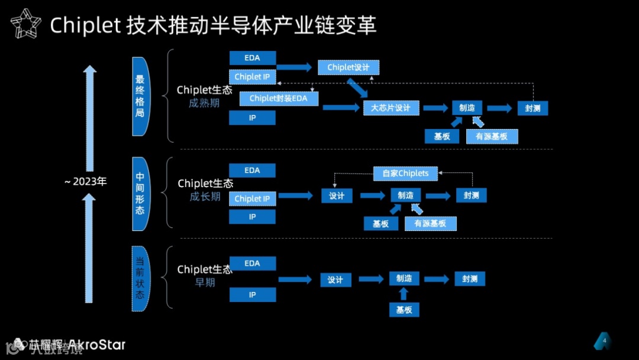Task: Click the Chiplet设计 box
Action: (348, 67)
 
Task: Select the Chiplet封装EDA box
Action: (278, 98)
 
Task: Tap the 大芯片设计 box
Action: (390, 108)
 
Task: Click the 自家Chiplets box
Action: (405, 173)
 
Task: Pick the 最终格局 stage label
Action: (140, 96)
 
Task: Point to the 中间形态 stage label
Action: (140, 194)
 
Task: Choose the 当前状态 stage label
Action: (140, 278)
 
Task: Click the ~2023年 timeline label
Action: (85, 182)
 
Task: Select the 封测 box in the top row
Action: (532, 108)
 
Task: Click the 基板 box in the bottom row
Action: (404, 310)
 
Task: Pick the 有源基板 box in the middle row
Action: (430, 223)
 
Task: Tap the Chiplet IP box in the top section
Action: (252, 77)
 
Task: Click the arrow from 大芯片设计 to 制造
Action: (435, 108)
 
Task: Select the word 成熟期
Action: (205, 103)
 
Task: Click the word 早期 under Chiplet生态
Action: (205, 283)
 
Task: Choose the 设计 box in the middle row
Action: (337, 196)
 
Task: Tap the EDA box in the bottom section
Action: (252, 263)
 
